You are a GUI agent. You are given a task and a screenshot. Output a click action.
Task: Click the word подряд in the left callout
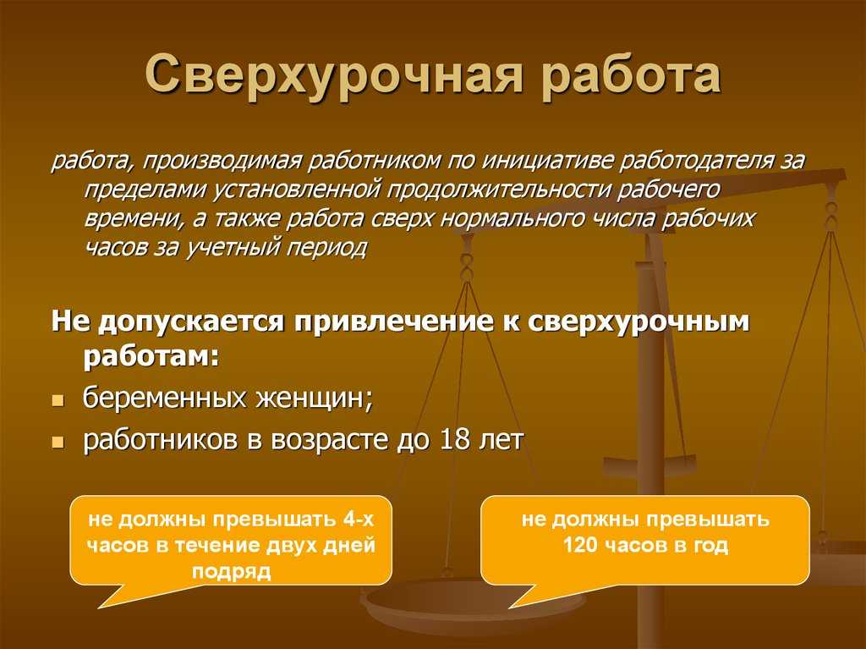click(232, 572)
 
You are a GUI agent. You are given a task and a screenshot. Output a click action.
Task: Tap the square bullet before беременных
click(58, 400)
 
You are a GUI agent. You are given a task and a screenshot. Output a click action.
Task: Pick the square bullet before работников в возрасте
click(58, 443)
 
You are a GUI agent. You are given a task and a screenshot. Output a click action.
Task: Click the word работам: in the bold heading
click(151, 356)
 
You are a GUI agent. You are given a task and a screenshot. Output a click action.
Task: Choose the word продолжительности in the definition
click(499, 190)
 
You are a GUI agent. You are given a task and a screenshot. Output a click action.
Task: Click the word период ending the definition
click(326, 247)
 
